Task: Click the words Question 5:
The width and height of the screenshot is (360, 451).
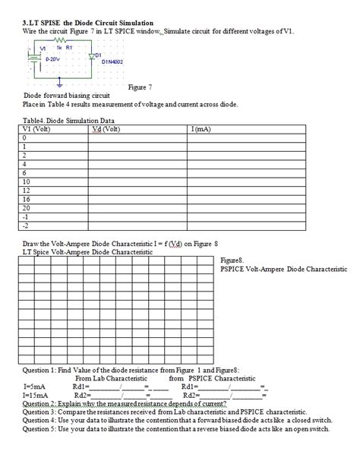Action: click(x=45, y=427)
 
